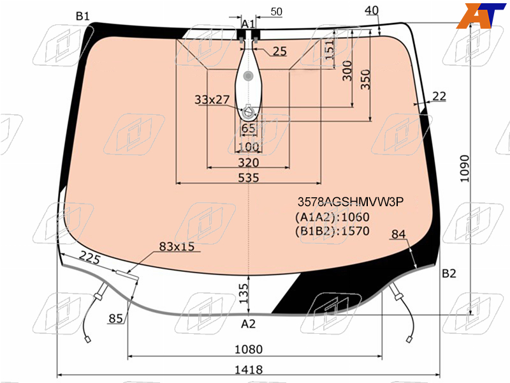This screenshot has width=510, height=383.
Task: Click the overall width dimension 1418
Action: (x=249, y=370)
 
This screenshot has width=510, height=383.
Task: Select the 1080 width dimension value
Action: (x=249, y=349)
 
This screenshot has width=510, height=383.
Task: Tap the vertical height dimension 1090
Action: (x=465, y=169)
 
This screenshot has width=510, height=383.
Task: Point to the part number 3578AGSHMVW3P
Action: (x=350, y=202)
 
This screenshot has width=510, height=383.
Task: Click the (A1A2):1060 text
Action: (x=332, y=217)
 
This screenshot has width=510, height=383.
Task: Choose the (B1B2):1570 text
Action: (x=332, y=231)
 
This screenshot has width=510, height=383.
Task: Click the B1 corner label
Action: (x=83, y=15)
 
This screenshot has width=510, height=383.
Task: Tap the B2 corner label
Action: (x=449, y=273)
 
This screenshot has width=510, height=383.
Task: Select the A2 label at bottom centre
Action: (x=248, y=324)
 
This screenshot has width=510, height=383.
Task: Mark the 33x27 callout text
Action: (x=212, y=100)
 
